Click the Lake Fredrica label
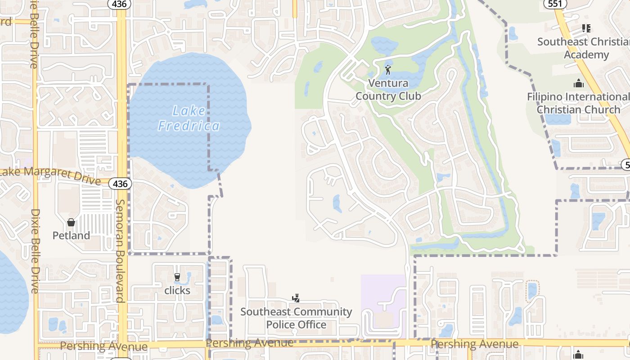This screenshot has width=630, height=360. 189,118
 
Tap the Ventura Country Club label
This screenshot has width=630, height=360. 388,90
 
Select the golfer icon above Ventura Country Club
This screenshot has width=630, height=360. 388,70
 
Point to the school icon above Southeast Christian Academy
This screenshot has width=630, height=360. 586,28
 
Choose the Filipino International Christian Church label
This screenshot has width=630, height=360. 578,103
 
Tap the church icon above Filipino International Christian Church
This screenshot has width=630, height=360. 579,83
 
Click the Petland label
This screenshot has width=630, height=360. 71,235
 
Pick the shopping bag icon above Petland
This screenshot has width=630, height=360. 71,222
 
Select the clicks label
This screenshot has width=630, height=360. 177,290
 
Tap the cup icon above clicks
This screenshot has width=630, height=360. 177,277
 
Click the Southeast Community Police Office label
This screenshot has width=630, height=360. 296,318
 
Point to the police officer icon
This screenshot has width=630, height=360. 296,298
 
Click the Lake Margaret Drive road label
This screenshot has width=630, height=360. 49,175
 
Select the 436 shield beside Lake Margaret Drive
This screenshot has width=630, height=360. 120,184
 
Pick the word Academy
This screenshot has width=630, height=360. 586,55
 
